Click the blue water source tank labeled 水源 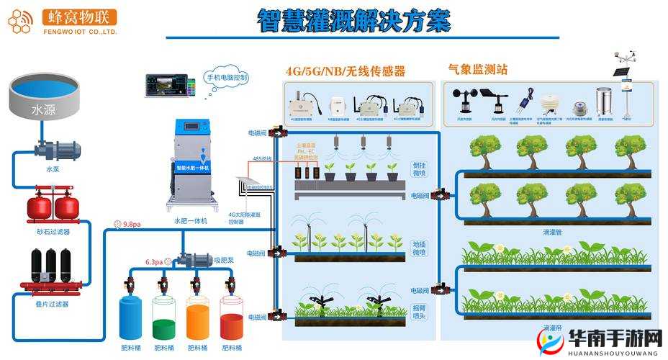pyautogui.click(x=42, y=100)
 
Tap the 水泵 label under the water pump pyautogui.click(x=54, y=170)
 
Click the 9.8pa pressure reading pyautogui.click(x=132, y=225)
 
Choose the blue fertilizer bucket pyautogui.click(x=130, y=317)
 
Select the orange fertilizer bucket pyautogui.click(x=197, y=317)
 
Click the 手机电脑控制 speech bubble pyautogui.click(x=227, y=77)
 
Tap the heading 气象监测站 pyautogui.click(x=477, y=70)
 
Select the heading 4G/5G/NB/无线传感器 pyautogui.click(x=345, y=71)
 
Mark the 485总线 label pyautogui.click(x=261, y=158)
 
